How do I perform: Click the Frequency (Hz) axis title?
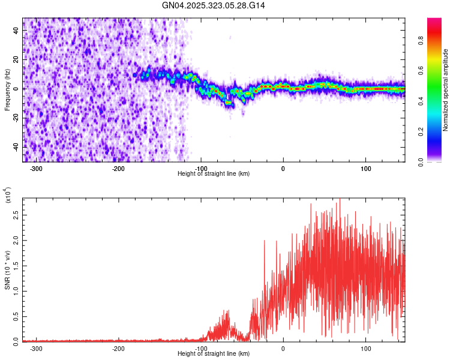point(7,89)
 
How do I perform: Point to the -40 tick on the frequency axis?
point(16,147)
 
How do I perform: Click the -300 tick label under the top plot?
point(36,168)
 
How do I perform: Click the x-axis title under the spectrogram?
point(214,174)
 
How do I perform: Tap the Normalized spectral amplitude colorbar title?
point(446,90)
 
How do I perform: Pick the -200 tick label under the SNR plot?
point(118,348)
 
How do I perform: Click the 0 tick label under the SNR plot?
point(283,348)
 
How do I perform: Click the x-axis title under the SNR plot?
point(214,354)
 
